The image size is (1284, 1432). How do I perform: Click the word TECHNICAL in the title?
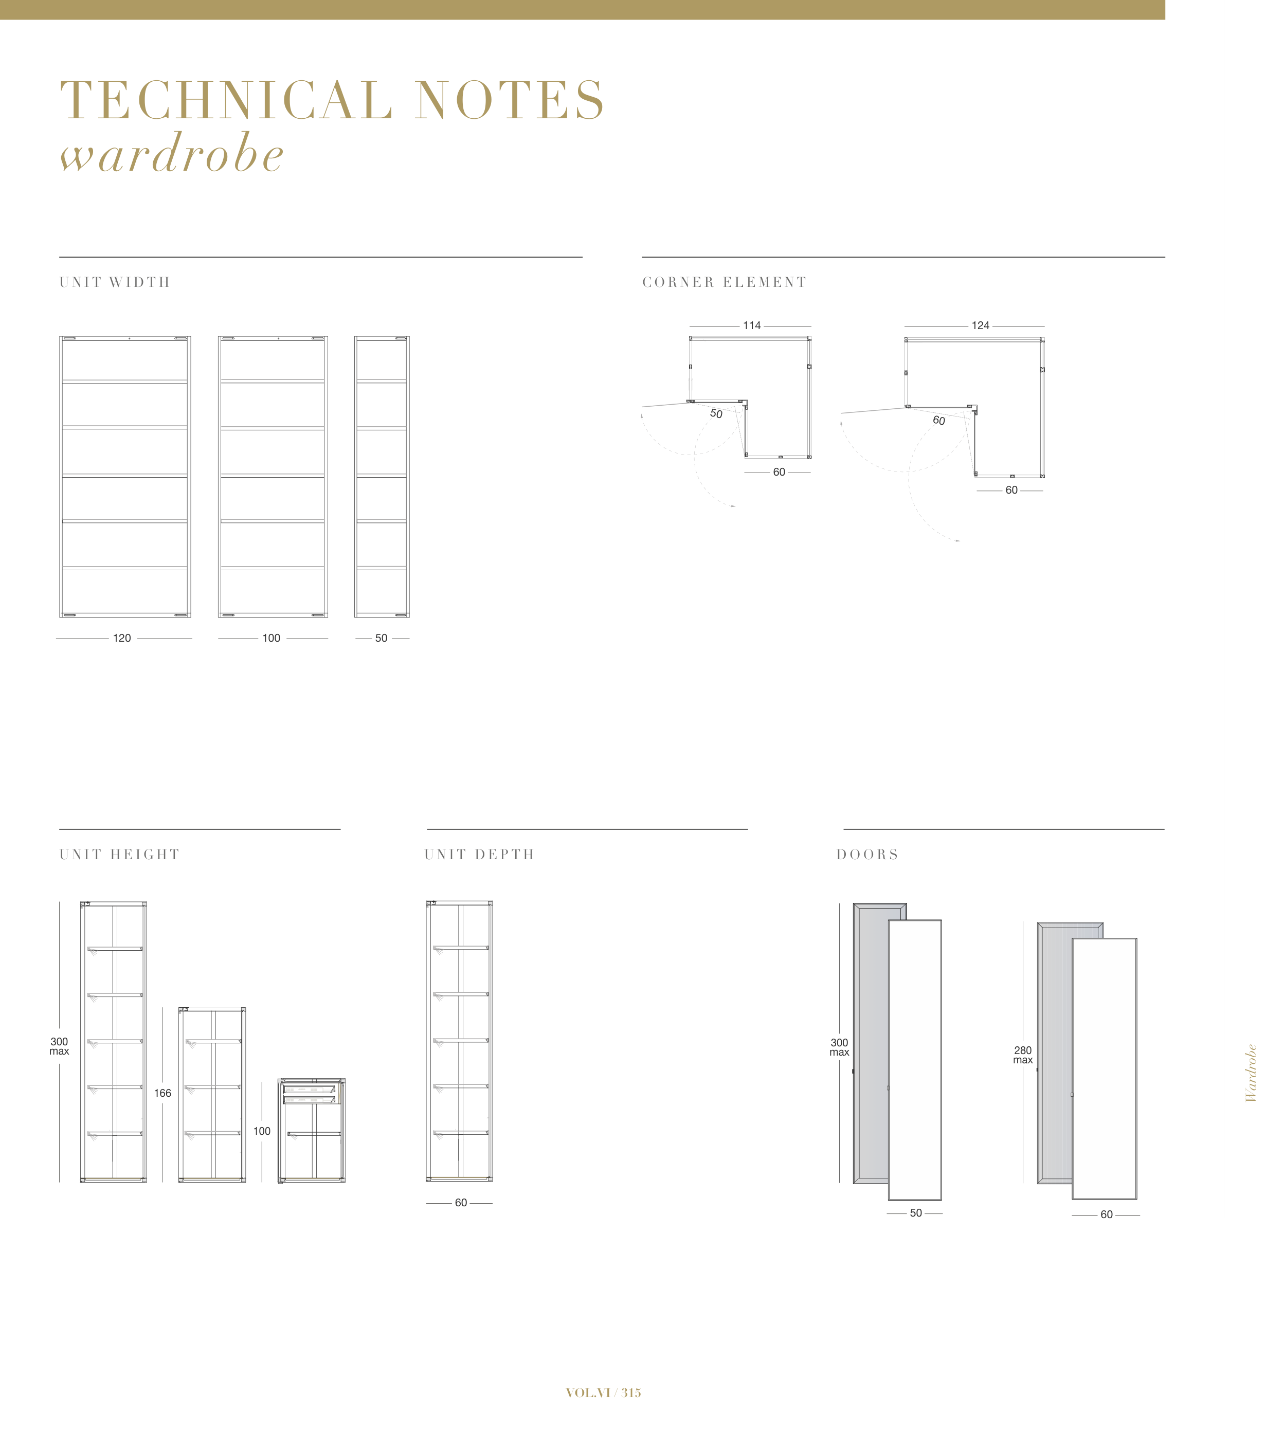226,100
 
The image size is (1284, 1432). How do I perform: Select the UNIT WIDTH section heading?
115,282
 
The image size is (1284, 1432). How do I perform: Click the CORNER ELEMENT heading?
724,282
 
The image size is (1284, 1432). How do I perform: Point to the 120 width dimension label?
122,639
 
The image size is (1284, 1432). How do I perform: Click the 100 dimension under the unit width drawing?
271,639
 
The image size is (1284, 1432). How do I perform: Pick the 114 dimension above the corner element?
751,326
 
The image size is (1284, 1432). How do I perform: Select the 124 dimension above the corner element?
980,326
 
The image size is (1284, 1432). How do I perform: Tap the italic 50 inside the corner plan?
716,414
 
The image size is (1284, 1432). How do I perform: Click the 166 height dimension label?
162,1093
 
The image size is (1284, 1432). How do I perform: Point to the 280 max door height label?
1022,1055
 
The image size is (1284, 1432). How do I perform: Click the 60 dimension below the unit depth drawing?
461,1203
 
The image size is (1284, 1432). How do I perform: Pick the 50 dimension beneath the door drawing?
915,1213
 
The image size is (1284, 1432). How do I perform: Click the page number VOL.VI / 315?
603,1393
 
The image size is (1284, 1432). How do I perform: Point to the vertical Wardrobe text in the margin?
1251,1073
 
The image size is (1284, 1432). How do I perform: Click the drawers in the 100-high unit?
309,1094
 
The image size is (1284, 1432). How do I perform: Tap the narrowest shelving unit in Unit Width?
382,477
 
